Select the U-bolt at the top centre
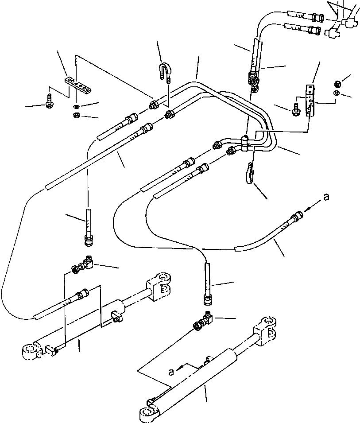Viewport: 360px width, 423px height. (164, 71)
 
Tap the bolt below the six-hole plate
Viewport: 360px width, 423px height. (49, 101)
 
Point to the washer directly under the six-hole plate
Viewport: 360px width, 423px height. (76, 105)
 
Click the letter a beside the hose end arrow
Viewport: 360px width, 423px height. (326, 198)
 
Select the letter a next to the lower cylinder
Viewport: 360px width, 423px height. (170, 372)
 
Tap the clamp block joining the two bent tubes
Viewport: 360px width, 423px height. (245, 143)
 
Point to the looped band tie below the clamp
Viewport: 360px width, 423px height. (249, 173)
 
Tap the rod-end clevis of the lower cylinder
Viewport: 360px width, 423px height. (265, 331)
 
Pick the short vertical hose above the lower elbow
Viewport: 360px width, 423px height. (208, 284)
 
